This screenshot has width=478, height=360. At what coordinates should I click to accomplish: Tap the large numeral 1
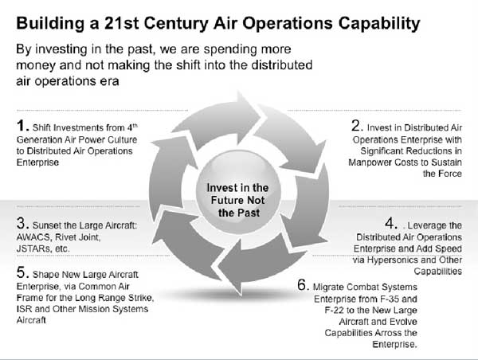click(x=21, y=126)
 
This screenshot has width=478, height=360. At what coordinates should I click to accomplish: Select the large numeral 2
click(x=356, y=126)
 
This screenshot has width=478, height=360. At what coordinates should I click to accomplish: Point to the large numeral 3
click(x=22, y=224)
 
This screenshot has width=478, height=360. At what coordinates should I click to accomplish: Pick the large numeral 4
click(x=390, y=224)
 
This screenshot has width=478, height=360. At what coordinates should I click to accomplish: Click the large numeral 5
click(x=22, y=272)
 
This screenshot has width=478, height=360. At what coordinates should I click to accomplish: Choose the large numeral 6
click(x=302, y=285)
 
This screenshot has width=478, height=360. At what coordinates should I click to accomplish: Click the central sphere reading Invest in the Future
click(x=238, y=192)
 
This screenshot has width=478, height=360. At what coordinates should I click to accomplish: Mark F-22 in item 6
click(x=334, y=311)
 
